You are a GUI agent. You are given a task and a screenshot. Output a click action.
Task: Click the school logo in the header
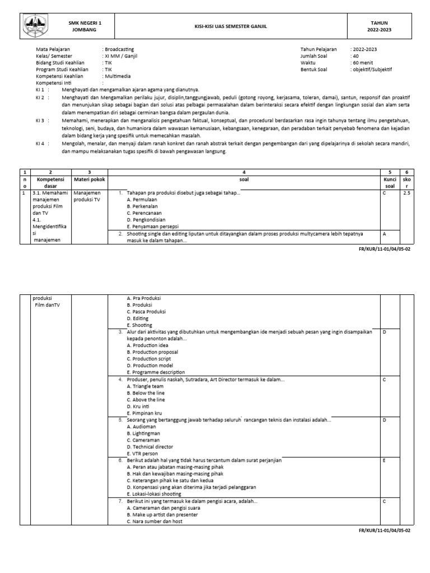coord(34,26)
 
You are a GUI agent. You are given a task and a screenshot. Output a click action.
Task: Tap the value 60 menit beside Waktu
coord(363,63)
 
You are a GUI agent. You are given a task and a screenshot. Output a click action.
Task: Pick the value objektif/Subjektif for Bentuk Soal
coord(372,69)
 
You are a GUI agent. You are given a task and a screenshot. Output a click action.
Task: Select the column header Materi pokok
coord(89,180)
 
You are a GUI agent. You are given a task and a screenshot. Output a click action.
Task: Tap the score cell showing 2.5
coord(406,193)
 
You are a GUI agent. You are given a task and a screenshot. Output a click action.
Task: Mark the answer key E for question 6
coord(385,460)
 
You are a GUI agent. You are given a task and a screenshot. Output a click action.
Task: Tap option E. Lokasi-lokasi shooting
coord(154,494)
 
